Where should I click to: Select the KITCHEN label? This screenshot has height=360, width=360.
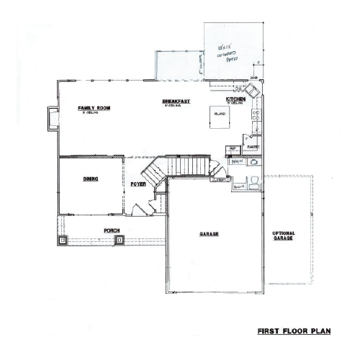[x=236, y=99]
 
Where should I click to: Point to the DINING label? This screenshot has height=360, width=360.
[x=90, y=179]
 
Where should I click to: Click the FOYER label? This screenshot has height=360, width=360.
[x=138, y=184]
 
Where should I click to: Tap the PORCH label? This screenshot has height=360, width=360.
[x=111, y=231]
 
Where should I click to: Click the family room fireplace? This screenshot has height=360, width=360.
[x=51, y=118]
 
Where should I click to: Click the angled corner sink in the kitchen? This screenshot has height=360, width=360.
[x=253, y=91]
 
